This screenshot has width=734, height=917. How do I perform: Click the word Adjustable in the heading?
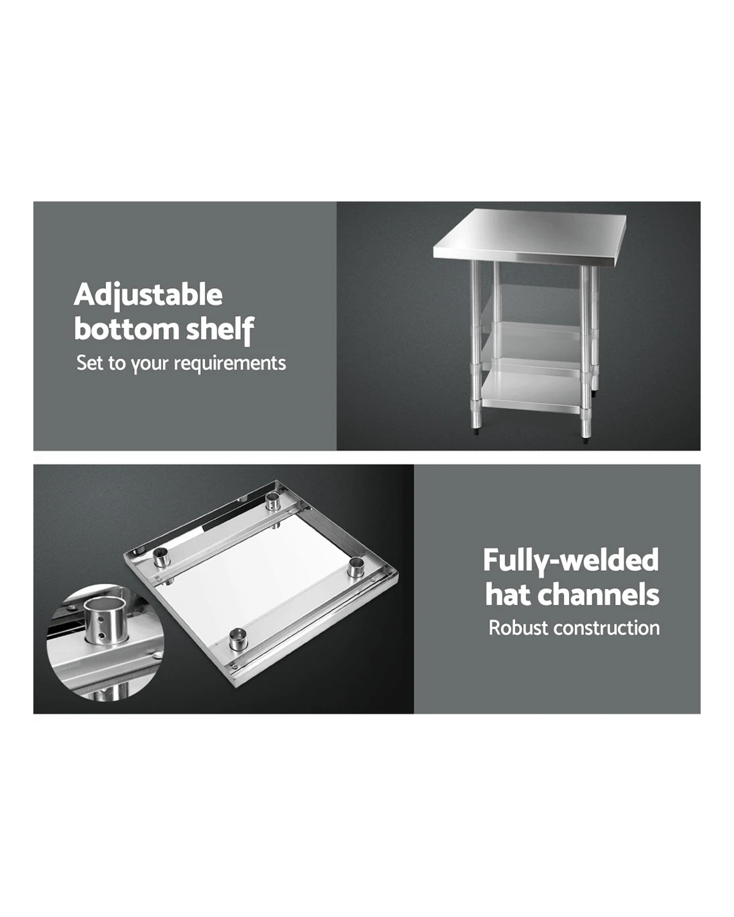click(x=148, y=295)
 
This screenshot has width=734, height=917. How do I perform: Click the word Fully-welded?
click(x=571, y=561)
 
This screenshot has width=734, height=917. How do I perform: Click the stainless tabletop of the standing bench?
click(x=530, y=237)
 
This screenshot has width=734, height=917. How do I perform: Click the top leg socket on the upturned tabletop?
click(x=272, y=502)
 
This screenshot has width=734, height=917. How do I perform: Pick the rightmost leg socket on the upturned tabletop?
click(x=356, y=568)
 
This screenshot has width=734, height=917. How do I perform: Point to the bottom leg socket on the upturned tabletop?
click(x=237, y=639)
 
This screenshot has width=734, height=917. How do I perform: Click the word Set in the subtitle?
click(x=89, y=362)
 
